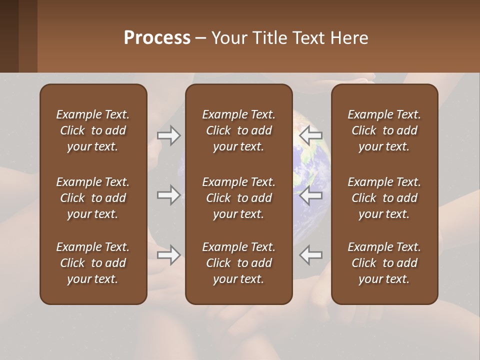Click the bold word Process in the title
pyautogui.click(x=157, y=38)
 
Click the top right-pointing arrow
pyautogui.click(x=168, y=135)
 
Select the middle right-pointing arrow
pyautogui.click(x=168, y=195)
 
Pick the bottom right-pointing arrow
pyautogui.click(x=168, y=255)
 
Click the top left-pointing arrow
pyautogui.click(x=311, y=135)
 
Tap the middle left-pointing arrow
pyautogui.click(x=311, y=195)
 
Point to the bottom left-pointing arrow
pyautogui.click(x=311, y=255)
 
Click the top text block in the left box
pyautogui.click(x=93, y=130)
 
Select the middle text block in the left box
pyautogui.click(x=93, y=198)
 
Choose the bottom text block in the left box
pyautogui.click(x=93, y=263)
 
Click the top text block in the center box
pyautogui.click(x=238, y=130)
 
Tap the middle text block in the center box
pyautogui.click(x=238, y=198)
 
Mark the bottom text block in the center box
pyautogui.click(x=238, y=263)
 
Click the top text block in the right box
pyautogui.click(x=384, y=130)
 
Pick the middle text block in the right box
pyautogui.click(x=384, y=198)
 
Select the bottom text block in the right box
pyautogui.click(x=384, y=263)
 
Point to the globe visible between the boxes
pyautogui.click(x=312, y=165)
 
